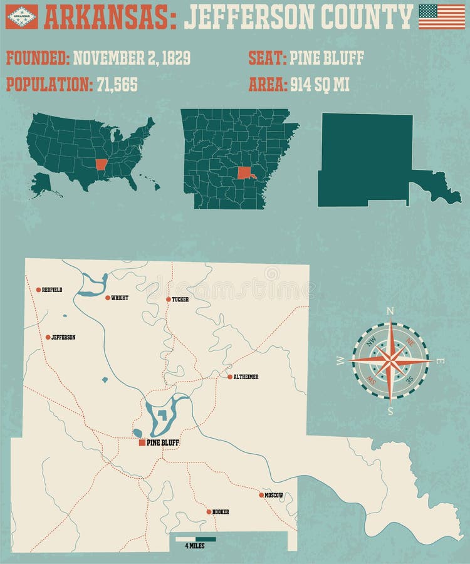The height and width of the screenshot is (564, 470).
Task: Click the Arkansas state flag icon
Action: coord(21,17)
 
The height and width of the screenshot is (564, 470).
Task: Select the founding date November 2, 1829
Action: coord(132,60)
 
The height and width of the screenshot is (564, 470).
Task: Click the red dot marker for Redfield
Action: coord(38,290)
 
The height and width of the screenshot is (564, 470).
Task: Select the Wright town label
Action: coord(119,298)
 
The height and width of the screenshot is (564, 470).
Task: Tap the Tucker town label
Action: coord(180,300)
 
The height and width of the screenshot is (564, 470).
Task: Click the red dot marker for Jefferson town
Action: coord(48,337)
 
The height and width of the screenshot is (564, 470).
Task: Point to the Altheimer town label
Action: coord(246,377)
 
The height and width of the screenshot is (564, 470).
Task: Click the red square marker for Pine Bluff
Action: coord(142,442)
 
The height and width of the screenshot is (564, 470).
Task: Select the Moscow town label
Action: coord(274,495)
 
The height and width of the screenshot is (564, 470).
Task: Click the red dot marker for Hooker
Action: coord(209,512)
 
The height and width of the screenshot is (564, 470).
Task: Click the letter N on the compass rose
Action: coord(390,311)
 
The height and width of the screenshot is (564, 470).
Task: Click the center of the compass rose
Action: coord(390,360)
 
